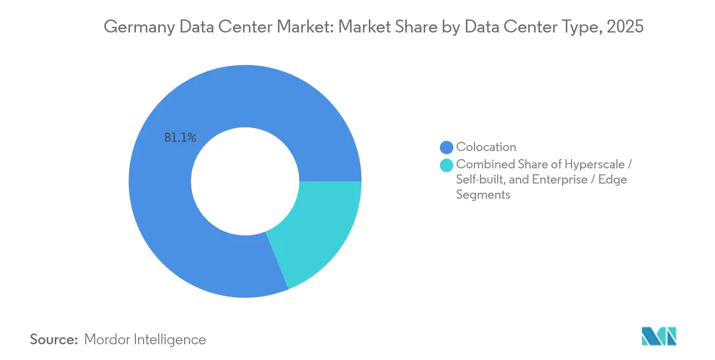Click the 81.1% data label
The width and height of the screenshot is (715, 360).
(x=180, y=138)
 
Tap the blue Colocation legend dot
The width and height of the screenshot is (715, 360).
(x=446, y=147)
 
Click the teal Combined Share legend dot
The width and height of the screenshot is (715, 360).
(x=446, y=165)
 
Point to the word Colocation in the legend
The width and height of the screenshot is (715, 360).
(x=486, y=147)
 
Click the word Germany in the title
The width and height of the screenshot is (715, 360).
(x=140, y=27)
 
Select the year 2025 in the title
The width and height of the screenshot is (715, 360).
(x=625, y=27)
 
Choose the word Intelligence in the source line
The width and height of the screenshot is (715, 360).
(x=170, y=339)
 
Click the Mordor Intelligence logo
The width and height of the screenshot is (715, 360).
(x=659, y=336)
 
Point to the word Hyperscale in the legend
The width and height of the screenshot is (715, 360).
(x=595, y=165)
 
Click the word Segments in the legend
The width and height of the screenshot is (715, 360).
(x=483, y=195)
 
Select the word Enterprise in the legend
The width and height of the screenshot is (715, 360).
(x=560, y=179)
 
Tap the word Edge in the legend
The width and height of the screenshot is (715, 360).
(x=613, y=180)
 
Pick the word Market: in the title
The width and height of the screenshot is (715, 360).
(x=305, y=27)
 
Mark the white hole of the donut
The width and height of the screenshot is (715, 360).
(x=245, y=181)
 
